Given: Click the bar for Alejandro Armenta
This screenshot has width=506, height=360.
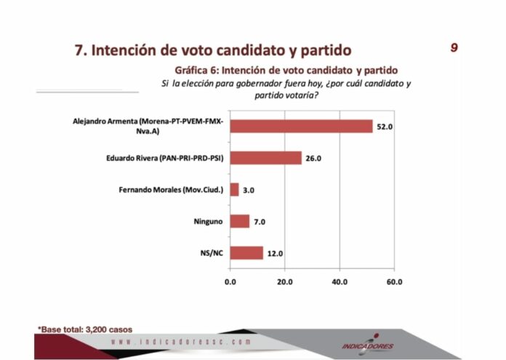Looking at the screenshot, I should tap(301, 126).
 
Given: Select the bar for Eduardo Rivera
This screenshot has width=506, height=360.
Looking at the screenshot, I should tap(265, 158).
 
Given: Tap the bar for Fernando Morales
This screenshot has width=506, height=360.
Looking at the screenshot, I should tap(234, 190).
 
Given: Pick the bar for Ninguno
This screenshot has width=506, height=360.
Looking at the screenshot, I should tap(240, 221).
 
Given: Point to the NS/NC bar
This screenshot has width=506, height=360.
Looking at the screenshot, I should tap(246, 252).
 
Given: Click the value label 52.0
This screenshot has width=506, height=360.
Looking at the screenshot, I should tap(385, 127).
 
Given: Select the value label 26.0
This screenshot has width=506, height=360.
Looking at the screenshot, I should tap(313, 159).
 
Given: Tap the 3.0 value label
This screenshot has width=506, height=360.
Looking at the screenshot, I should tap(249, 191).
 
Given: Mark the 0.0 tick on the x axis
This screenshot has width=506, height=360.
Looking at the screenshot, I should tap(230, 281).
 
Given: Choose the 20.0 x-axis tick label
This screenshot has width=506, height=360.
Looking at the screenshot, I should tap(285, 281).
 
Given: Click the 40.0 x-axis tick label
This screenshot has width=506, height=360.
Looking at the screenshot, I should tap(340, 281).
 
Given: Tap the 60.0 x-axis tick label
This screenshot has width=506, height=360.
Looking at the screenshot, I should tap(394, 281).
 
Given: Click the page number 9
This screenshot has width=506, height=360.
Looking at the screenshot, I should tap(454, 48).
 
